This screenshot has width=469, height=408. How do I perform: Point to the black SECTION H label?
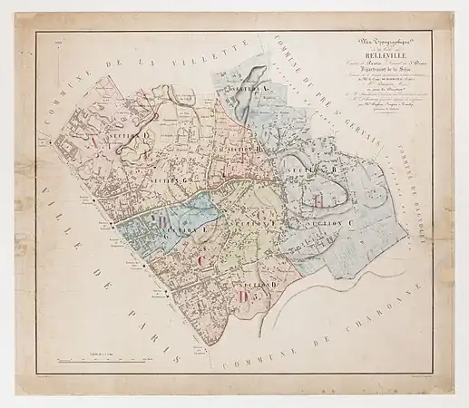[243, 148]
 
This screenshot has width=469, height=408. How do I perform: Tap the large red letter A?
[91, 143]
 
